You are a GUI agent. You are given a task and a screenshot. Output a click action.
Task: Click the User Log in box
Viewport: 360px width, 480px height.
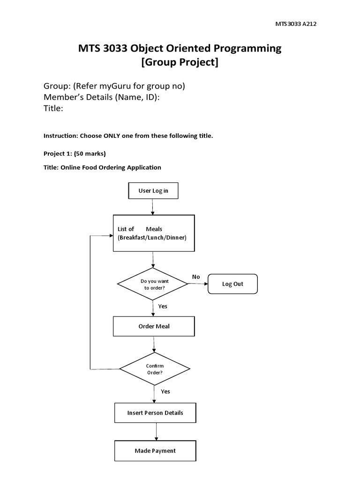[153, 191]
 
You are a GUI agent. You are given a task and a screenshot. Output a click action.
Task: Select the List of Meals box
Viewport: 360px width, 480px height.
[153, 233]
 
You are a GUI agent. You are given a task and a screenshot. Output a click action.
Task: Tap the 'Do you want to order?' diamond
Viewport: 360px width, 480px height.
[153, 284]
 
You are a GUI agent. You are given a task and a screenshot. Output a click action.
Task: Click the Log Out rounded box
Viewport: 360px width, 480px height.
[232, 284]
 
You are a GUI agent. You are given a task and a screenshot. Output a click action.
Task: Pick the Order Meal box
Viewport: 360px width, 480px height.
[154, 326]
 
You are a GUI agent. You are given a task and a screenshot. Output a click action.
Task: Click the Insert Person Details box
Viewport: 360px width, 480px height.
[155, 413]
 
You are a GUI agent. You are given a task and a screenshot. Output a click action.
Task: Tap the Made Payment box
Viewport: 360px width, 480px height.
[155, 450]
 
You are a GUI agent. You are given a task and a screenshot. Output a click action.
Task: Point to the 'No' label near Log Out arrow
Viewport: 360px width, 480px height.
[196, 277]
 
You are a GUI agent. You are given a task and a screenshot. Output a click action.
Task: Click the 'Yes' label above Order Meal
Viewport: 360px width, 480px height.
[163, 306]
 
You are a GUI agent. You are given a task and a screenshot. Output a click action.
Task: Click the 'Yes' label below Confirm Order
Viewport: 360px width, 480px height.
[165, 391]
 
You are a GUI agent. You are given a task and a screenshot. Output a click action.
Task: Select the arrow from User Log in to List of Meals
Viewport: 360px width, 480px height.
[153, 207]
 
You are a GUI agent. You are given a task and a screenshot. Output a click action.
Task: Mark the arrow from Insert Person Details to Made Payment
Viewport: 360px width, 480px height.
[155, 431]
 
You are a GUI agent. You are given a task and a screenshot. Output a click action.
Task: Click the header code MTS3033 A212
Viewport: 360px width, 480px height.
[287, 24]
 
